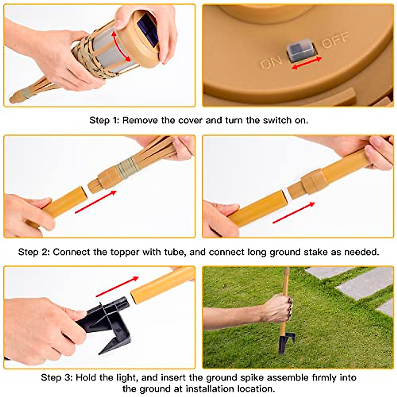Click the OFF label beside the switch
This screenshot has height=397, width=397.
(335, 40)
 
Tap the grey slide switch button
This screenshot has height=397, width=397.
(301, 51)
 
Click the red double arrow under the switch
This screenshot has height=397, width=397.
(307, 63)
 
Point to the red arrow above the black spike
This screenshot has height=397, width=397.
(117, 287)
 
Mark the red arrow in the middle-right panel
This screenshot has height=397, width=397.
(293, 213)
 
